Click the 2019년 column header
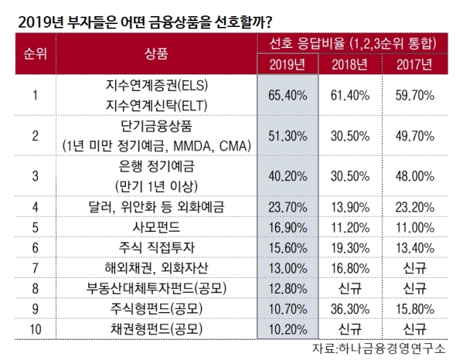click(287, 65)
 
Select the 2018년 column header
click(350, 65)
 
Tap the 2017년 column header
click(415, 65)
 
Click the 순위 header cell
click(36, 55)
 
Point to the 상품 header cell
click(156, 55)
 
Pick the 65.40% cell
click(287, 95)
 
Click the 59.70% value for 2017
click(415, 95)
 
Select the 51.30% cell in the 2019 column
click(287, 136)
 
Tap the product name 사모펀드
click(156, 227)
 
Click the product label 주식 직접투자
click(156, 247)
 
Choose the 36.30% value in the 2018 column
click(350, 309)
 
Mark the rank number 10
click(36, 329)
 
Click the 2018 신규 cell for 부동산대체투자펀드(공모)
click(350, 289)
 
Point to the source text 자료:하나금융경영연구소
click(378, 348)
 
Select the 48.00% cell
click(415, 177)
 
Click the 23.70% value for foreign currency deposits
click(287, 207)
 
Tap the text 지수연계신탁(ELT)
click(156, 105)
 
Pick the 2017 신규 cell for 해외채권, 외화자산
click(415, 268)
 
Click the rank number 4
click(36, 207)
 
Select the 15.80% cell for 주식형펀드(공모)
click(415, 309)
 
